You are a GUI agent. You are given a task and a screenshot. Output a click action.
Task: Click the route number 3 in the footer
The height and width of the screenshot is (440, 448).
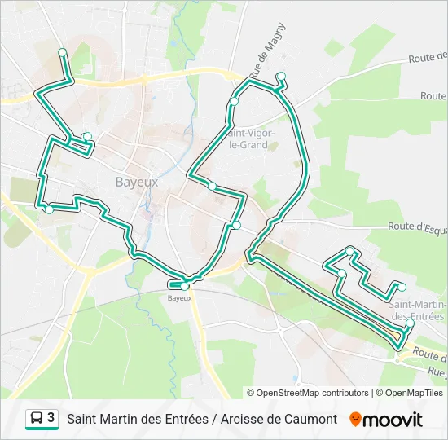51,418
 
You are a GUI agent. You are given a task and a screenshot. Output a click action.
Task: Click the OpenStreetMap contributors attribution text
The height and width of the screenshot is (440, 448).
308,393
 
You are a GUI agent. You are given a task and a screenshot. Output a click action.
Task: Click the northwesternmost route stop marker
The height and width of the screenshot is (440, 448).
62,52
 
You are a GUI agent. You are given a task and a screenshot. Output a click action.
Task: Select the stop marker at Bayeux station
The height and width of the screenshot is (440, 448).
185,286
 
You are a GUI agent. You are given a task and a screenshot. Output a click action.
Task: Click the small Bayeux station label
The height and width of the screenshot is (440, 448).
179,298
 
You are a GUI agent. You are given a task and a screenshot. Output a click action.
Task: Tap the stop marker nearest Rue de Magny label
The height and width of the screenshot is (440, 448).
281,77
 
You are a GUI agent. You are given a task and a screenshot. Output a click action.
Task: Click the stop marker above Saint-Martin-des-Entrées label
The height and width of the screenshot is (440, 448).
402,286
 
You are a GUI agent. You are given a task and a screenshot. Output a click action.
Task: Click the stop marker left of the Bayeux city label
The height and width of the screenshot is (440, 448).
87,137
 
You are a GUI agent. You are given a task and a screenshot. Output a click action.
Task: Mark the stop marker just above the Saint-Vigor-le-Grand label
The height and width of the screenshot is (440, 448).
234,101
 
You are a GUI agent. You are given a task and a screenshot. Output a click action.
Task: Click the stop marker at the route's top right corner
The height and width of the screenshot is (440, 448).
281,77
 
